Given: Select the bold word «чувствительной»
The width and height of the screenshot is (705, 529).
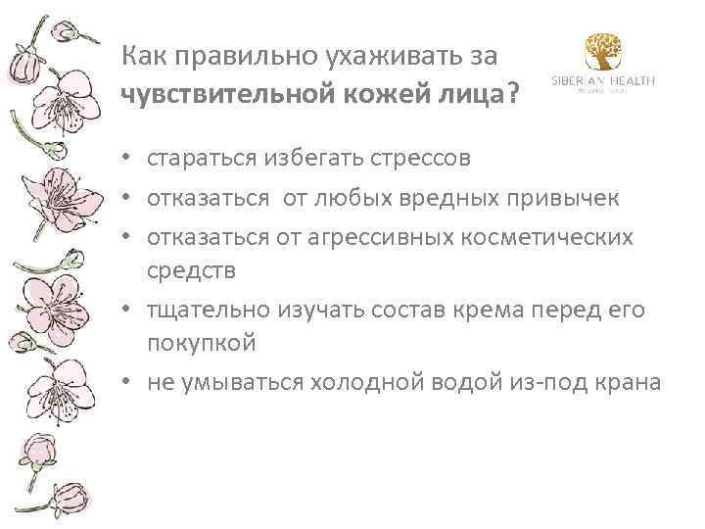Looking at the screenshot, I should coord(223,95).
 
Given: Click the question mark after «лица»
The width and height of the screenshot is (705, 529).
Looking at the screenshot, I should coord(512,95).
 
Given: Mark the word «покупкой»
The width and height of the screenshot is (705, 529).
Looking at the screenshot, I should coord(202,343).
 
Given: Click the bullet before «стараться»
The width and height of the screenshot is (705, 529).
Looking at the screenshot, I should coord(129,158).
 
